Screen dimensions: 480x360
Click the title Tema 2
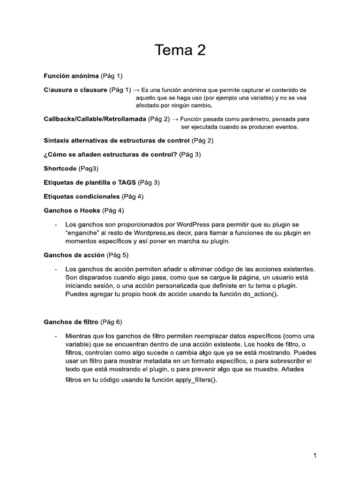tap(180, 50)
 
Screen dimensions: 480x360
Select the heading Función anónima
tap(71, 75)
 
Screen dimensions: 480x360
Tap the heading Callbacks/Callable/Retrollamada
tap(95, 119)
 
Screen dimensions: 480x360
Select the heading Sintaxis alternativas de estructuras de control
tap(117, 141)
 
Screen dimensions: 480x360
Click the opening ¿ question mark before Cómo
tap(45, 154)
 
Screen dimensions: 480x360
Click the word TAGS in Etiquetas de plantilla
tap(127, 182)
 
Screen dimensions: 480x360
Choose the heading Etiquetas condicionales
tap(82, 196)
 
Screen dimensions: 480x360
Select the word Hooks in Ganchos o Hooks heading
tap(90, 210)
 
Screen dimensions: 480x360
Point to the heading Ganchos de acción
tap(74, 255)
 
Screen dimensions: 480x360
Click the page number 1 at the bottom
tap(316, 455)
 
